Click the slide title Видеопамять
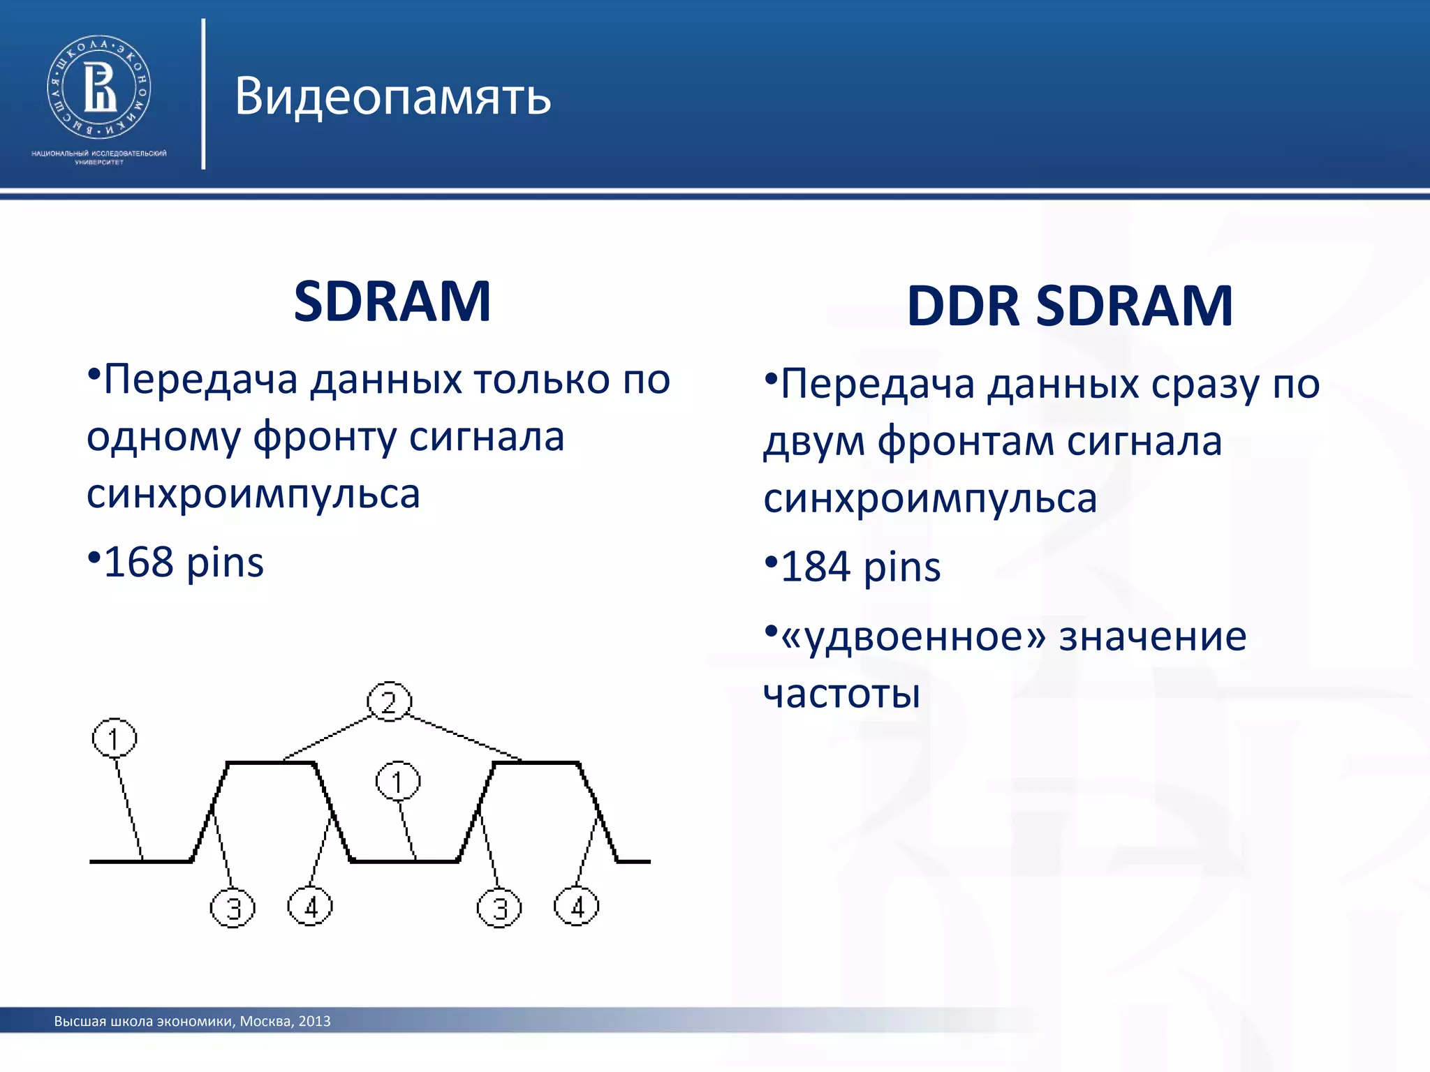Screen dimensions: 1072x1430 click(x=392, y=96)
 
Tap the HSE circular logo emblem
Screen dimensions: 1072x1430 click(x=98, y=87)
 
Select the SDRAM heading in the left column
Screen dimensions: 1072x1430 click(x=392, y=301)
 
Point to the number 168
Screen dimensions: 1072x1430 click(x=138, y=563)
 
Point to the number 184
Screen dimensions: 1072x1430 click(x=815, y=567)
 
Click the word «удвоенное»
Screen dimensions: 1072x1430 click(x=913, y=636)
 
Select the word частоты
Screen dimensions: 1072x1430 click(x=841, y=694)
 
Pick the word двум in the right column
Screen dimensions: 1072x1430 click(x=813, y=442)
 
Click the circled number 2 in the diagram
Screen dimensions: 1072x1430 click(x=389, y=701)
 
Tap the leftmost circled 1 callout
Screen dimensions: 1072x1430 click(x=115, y=738)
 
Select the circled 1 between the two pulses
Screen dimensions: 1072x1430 click(x=398, y=782)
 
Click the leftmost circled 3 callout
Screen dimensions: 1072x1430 click(x=233, y=908)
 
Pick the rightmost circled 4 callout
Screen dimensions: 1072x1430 click(x=576, y=907)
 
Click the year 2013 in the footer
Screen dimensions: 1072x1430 click(x=314, y=1021)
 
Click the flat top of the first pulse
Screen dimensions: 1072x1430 click(x=271, y=763)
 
